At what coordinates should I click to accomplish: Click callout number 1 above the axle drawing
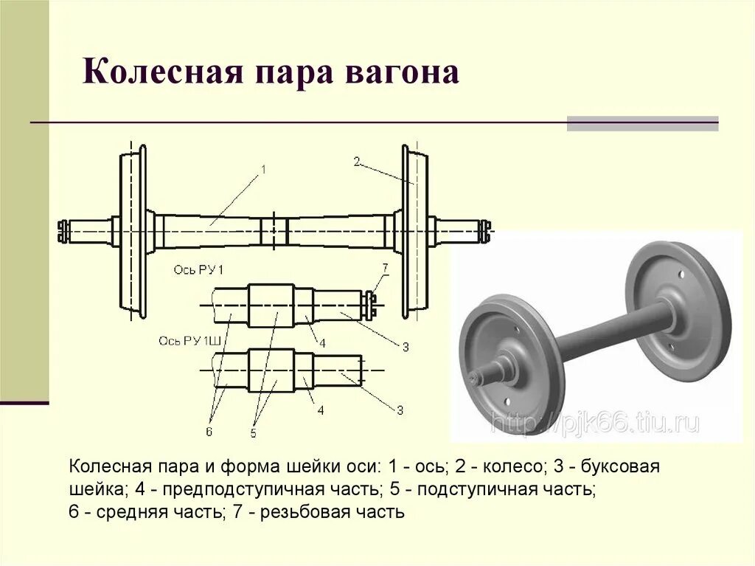[262, 170]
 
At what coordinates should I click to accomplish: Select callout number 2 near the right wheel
[356, 162]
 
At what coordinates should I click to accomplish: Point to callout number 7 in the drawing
[385, 267]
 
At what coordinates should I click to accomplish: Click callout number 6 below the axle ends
[209, 432]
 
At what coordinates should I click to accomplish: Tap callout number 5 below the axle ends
[253, 433]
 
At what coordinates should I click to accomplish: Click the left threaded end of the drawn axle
[63, 232]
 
